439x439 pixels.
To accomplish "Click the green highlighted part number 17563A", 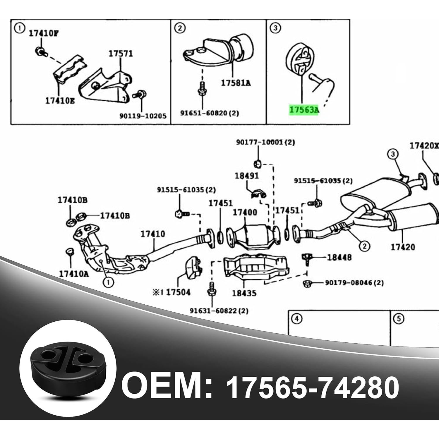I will click(x=304, y=110).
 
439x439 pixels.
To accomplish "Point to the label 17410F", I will click(x=43, y=34).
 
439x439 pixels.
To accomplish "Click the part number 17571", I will click(x=121, y=54).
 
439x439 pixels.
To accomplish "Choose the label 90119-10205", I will click(x=143, y=116).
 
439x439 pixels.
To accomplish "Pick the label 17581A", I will click(x=236, y=83).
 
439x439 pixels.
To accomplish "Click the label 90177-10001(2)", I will click(x=265, y=142).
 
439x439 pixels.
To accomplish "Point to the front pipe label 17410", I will click(x=152, y=234).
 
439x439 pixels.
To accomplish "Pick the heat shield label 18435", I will click(x=244, y=293).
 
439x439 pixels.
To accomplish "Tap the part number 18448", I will click(x=339, y=258).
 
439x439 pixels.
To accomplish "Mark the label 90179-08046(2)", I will click(x=354, y=283).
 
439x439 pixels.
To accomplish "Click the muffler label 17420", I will click(x=403, y=247).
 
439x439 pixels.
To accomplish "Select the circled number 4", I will click(x=297, y=319).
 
